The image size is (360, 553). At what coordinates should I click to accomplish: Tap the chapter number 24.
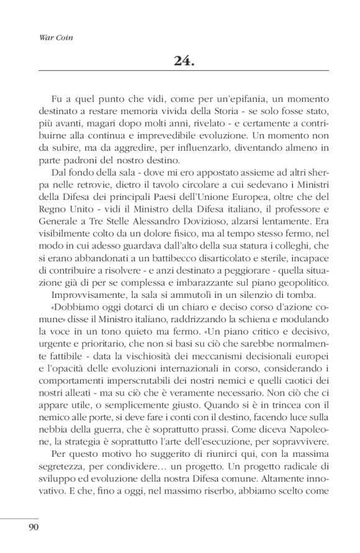tap(185, 60)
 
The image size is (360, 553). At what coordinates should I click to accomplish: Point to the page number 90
tap(34, 528)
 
